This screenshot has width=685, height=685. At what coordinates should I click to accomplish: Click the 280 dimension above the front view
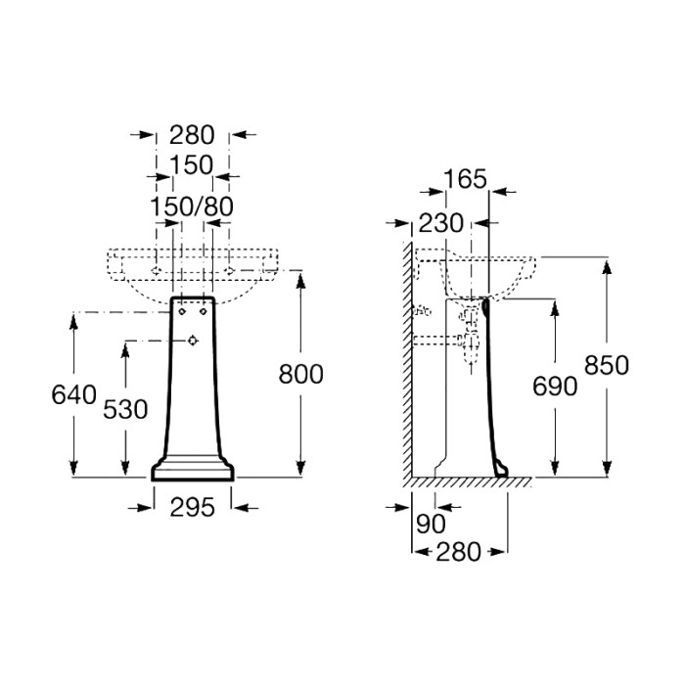(192, 135)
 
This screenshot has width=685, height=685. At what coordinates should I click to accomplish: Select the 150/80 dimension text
(192, 206)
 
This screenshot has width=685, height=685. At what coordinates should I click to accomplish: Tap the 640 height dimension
(73, 395)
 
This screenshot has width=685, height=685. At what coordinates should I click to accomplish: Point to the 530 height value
(125, 410)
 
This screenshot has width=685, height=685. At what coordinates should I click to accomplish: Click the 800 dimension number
(301, 375)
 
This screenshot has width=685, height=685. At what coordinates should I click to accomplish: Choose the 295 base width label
(192, 508)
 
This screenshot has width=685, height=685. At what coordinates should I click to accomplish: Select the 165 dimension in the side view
(465, 179)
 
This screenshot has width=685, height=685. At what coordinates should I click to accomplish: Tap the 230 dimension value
(440, 223)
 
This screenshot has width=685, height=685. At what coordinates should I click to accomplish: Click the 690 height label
(555, 387)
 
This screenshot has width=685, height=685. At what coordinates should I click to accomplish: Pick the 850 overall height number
(607, 365)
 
